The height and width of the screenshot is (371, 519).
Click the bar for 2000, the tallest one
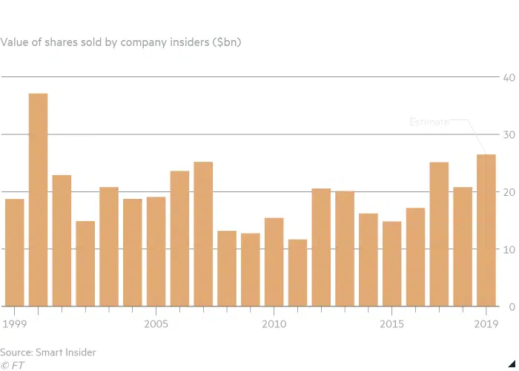click(x=38, y=200)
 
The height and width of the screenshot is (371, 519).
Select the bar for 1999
click(x=14, y=252)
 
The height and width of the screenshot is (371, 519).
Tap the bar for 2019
click(x=486, y=230)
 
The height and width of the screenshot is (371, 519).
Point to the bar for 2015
click(x=391, y=263)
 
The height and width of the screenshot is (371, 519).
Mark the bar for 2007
click(x=203, y=234)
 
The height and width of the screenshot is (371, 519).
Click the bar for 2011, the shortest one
click(x=297, y=272)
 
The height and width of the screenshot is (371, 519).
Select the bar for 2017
click(x=439, y=234)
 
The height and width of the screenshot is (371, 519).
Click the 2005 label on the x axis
click(x=156, y=324)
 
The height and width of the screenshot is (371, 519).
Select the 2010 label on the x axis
click(x=274, y=324)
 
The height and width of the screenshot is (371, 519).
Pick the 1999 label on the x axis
click(x=14, y=324)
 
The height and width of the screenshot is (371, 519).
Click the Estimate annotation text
click(x=429, y=122)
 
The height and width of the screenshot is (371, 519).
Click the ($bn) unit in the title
click(x=226, y=42)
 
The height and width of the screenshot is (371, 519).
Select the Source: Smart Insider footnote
click(x=48, y=352)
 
